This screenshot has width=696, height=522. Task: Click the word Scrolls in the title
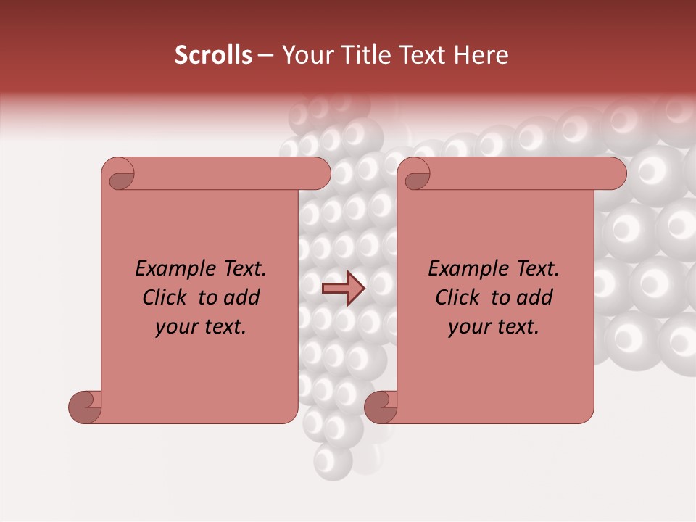(x=213, y=55)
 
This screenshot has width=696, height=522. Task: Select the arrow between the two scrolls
(x=343, y=289)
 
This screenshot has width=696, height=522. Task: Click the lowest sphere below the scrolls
(x=333, y=459)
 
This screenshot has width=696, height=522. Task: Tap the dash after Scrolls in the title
(x=265, y=56)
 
